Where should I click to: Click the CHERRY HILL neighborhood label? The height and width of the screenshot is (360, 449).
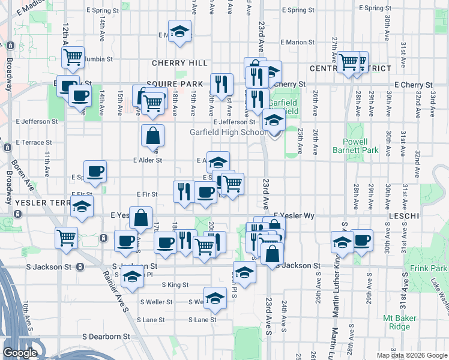(179, 63)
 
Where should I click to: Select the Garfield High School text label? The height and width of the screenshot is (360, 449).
(228, 133)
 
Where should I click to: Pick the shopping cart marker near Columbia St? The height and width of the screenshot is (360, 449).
(73, 57)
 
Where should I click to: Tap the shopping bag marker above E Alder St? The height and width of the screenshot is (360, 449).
(153, 136)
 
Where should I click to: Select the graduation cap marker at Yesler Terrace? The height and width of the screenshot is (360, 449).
(82, 208)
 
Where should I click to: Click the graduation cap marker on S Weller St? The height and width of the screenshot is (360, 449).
(215, 298)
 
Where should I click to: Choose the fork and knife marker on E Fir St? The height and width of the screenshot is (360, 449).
(184, 191)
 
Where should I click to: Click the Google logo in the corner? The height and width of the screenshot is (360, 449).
(20, 353)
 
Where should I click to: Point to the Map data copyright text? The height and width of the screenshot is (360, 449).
(411, 355)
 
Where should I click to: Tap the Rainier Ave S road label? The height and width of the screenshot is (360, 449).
(117, 291)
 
